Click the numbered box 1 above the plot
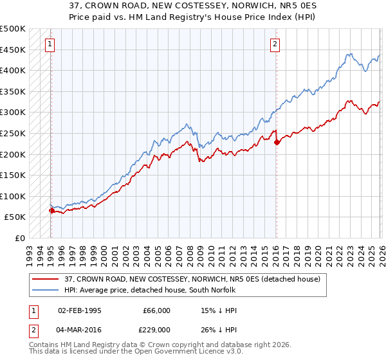tap(50, 44)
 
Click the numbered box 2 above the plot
tap(275, 44)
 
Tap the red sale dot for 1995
tap(51, 210)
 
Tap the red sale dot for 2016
tap(277, 142)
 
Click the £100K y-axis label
tap(13, 196)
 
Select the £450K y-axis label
tap(13, 50)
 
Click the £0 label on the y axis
tap(21, 238)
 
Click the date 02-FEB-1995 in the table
tap(80, 310)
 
